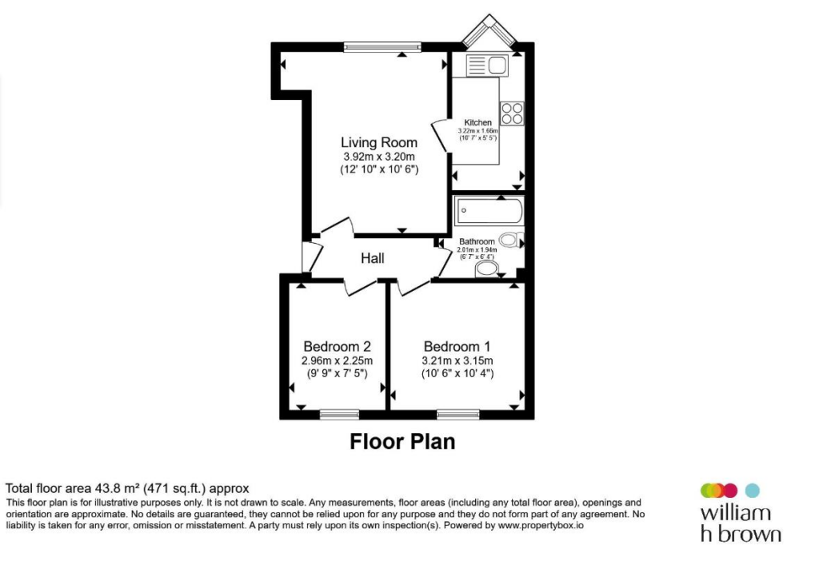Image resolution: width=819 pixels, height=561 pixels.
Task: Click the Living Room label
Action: (x=379, y=142)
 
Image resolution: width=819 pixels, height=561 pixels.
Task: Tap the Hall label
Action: (x=373, y=258)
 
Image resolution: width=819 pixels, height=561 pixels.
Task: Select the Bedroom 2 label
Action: (x=337, y=347)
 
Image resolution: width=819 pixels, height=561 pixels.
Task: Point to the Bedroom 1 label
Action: (x=457, y=347)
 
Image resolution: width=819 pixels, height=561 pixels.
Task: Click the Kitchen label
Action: (x=478, y=122)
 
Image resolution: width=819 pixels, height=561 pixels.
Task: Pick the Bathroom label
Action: (x=477, y=241)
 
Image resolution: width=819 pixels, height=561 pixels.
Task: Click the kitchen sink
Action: (x=487, y=66)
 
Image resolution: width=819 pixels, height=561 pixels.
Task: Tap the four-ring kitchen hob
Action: (x=512, y=113)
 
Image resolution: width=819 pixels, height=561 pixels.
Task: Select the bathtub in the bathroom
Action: (x=489, y=210)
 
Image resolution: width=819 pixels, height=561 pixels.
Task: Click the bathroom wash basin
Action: (x=487, y=269)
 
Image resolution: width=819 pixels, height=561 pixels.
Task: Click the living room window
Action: (x=382, y=47)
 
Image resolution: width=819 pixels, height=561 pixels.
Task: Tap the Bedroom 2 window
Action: (x=339, y=415)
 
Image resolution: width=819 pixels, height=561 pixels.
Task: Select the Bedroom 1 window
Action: (x=458, y=415)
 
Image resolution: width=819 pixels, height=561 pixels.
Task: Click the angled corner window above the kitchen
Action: (x=489, y=31)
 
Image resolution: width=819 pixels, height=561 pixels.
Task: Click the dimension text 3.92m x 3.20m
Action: (x=379, y=157)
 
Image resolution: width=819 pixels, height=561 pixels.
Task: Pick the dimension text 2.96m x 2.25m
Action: (x=337, y=360)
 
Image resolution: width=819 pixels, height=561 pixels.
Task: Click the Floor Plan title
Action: (x=402, y=441)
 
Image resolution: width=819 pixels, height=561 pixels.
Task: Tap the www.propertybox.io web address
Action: (x=541, y=526)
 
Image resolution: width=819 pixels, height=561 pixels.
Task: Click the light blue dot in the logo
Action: (x=752, y=491)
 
